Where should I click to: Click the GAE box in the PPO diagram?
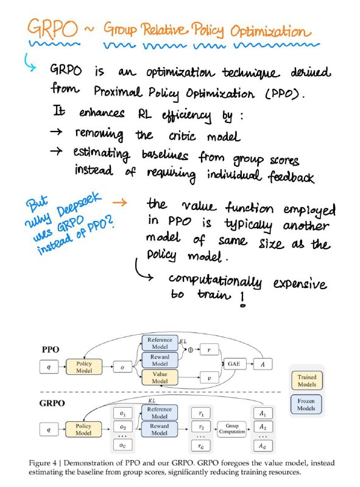[235, 363]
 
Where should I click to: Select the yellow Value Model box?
[160, 377]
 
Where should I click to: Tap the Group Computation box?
[232, 429]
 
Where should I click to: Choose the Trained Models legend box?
[307, 381]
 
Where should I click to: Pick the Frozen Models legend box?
[306, 404]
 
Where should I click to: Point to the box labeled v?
[209, 378]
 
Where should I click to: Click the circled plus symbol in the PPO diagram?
[190, 349]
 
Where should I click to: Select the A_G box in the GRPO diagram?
[263, 446]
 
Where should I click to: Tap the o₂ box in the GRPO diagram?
[123, 427]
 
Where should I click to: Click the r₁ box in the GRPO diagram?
[201, 413]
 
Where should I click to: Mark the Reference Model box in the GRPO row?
[160, 413]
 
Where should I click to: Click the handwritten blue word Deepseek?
[79, 205]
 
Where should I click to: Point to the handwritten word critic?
[182, 136]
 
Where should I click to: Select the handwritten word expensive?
[300, 284]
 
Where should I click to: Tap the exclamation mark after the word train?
[243, 300]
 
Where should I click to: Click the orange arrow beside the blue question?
[119, 203]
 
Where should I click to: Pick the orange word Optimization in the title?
[270, 32]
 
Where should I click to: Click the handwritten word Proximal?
[118, 92]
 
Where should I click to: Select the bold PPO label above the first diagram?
[51, 349]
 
